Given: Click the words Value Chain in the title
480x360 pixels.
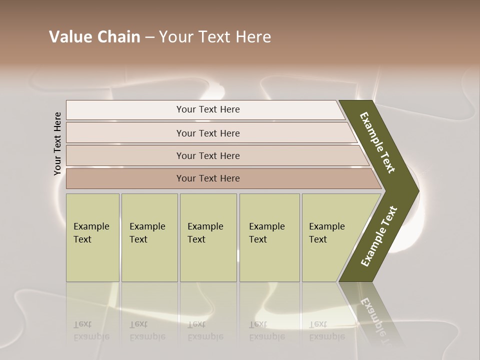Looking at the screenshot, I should [x=94, y=37].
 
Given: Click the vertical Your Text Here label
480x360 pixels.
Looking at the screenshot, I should [x=58, y=143].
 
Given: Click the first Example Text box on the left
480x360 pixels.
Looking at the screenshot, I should [x=92, y=237].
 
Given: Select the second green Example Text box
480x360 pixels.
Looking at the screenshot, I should [x=149, y=237].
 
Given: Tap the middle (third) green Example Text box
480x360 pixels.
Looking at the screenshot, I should [x=208, y=237].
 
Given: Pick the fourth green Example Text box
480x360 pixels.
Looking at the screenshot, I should [x=269, y=237].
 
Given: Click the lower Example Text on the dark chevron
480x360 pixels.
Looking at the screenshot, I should [x=379, y=236].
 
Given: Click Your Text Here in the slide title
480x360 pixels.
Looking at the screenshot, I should [x=215, y=37].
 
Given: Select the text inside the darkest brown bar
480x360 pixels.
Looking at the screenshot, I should [x=208, y=178].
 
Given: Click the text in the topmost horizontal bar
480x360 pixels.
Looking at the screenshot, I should [x=208, y=109].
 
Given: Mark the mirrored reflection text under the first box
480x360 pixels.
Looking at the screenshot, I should [x=91, y=330].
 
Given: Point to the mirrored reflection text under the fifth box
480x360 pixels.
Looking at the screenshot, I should [x=327, y=330].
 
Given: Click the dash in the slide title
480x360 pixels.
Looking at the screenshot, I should [x=149, y=37].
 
